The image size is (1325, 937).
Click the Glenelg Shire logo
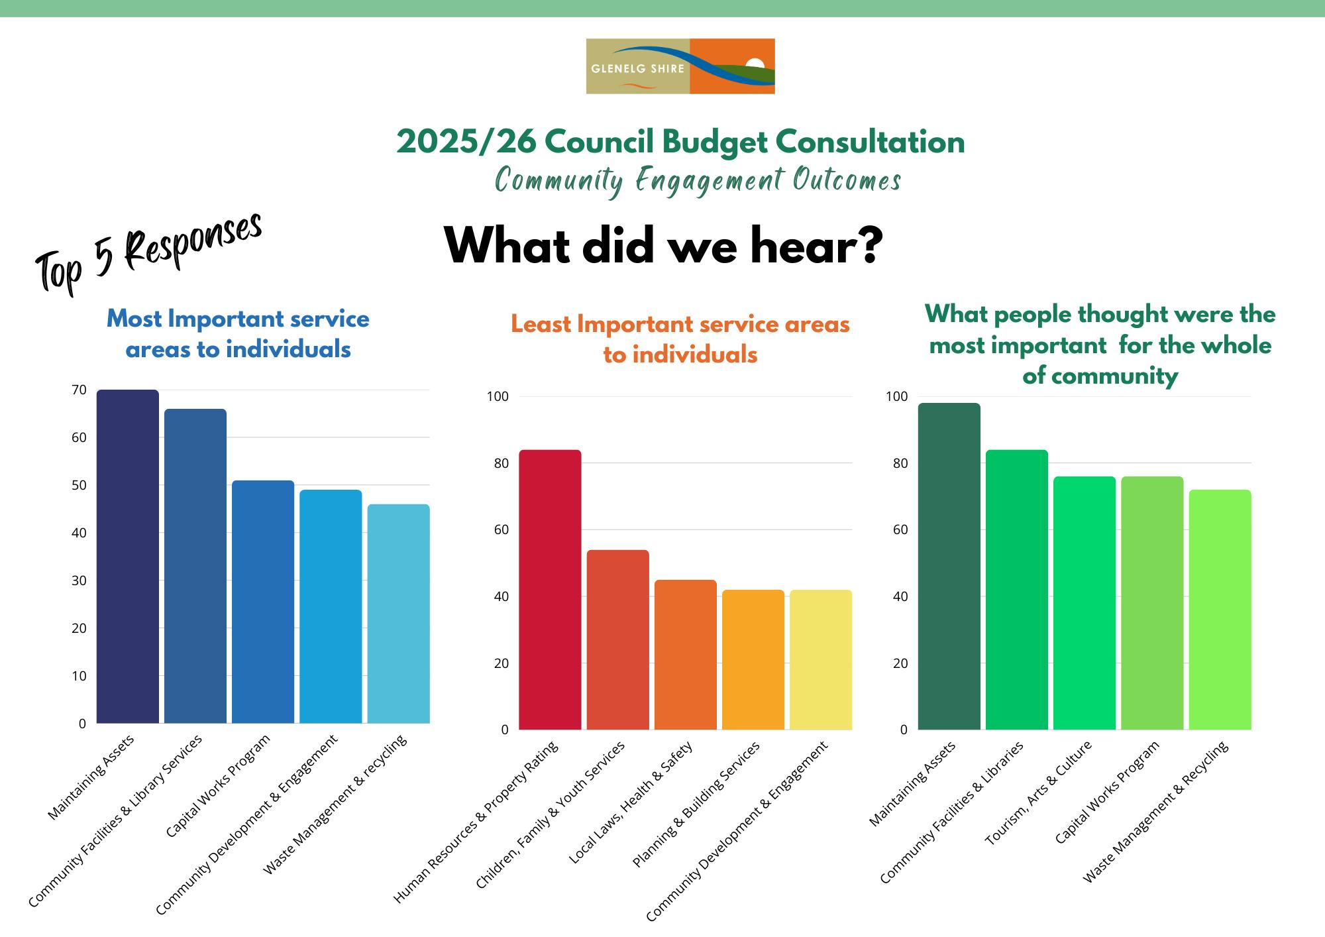pyautogui.click(x=680, y=66)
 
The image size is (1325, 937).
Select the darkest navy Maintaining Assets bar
pyautogui.click(x=128, y=557)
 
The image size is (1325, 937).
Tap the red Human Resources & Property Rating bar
pyautogui.click(x=550, y=590)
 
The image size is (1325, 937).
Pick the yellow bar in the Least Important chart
pyautogui.click(x=821, y=659)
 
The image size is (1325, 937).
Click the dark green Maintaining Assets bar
pyautogui.click(x=949, y=567)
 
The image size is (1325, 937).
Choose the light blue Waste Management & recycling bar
pyautogui.click(x=398, y=614)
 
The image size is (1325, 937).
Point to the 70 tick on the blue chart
pyautogui.click(x=79, y=390)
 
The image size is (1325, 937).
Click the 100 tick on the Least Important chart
pyautogui.click(x=498, y=397)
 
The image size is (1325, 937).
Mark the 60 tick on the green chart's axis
pyautogui.click(x=900, y=530)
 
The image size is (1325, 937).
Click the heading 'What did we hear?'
pyautogui.click(x=663, y=246)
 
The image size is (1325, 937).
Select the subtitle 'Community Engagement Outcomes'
pyautogui.click(x=698, y=180)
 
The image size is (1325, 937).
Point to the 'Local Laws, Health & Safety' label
pyautogui.click(x=631, y=802)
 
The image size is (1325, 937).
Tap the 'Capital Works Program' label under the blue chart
pyautogui.click(x=218, y=785)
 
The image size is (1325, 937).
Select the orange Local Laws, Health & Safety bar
pyautogui.click(x=686, y=655)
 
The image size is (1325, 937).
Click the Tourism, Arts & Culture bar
pyautogui.click(x=1085, y=603)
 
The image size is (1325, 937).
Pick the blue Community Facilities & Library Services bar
pyautogui.click(x=195, y=566)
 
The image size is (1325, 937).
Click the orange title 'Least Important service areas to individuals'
pyautogui.click(x=680, y=339)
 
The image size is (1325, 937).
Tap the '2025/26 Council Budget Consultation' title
pyautogui.click(x=680, y=142)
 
